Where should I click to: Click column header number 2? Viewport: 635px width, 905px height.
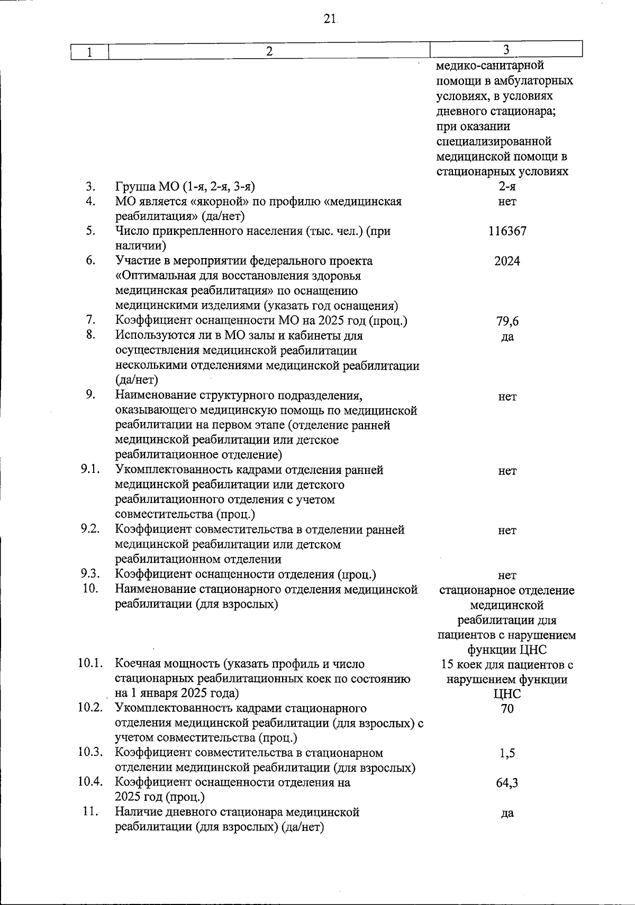[x=269, y=51]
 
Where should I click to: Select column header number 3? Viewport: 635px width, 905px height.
[x=506, y=50]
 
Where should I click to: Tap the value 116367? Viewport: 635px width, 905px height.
[x=507, y=231]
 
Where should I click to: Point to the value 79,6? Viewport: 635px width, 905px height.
[x=507, y=321]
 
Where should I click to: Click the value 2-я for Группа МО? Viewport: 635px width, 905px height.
[x=507, y=186]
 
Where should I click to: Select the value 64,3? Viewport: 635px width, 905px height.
[x=507, y=783]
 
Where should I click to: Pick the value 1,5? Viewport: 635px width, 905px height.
[x=507, y=753]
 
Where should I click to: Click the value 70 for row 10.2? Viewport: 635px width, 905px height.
[x=507, y=709]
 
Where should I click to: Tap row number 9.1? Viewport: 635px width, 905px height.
[x=90, y=470]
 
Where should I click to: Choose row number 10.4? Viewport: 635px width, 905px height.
[x=90, y=782]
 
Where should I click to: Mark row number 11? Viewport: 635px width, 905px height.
[x=91, y=812]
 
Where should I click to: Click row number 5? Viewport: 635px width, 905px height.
[x=90, y=231]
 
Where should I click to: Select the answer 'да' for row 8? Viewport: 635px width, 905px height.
[x=507, y=337]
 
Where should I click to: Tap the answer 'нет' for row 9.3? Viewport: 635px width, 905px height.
[x=507, y=575]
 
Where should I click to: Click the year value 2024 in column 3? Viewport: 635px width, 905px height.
[x=507, y=261]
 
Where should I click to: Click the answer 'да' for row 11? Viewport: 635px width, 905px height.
[x=507, y=813]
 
